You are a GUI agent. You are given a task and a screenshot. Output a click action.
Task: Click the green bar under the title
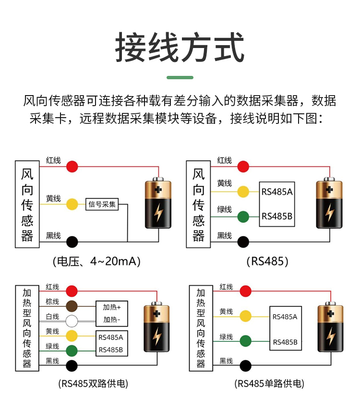(180, 77)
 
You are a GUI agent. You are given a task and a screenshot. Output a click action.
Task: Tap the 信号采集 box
(102, 204)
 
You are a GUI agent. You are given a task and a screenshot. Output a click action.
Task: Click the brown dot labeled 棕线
(72, 306)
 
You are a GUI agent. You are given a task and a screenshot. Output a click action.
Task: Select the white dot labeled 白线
(72, 321)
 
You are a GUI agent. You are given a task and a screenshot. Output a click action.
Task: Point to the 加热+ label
(112, 307)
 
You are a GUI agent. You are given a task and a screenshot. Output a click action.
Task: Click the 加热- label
(112, 319)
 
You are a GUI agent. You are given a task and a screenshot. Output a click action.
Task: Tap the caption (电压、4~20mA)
(96, 261)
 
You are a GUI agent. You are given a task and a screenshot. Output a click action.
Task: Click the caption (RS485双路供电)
(93, 384)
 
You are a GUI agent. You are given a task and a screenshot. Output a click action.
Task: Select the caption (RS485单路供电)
(269, 384)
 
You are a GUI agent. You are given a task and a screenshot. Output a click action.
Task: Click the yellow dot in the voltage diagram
(72, 204)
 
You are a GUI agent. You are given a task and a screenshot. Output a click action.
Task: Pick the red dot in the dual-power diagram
(72, 291)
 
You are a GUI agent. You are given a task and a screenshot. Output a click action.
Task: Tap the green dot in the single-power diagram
(245, 341)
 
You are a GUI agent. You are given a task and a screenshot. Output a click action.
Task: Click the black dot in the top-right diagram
(243, 242)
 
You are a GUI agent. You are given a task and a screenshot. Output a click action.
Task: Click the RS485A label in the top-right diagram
(277, 192)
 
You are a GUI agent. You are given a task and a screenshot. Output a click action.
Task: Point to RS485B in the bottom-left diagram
(111, 350)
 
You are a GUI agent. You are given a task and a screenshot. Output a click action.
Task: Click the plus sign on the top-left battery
(158, 190)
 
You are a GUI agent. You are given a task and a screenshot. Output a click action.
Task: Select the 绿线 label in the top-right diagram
(224, 209)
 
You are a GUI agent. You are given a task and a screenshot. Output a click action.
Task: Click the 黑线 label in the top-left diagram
(53, 235)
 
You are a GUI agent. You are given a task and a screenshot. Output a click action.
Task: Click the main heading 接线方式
(180, 48)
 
